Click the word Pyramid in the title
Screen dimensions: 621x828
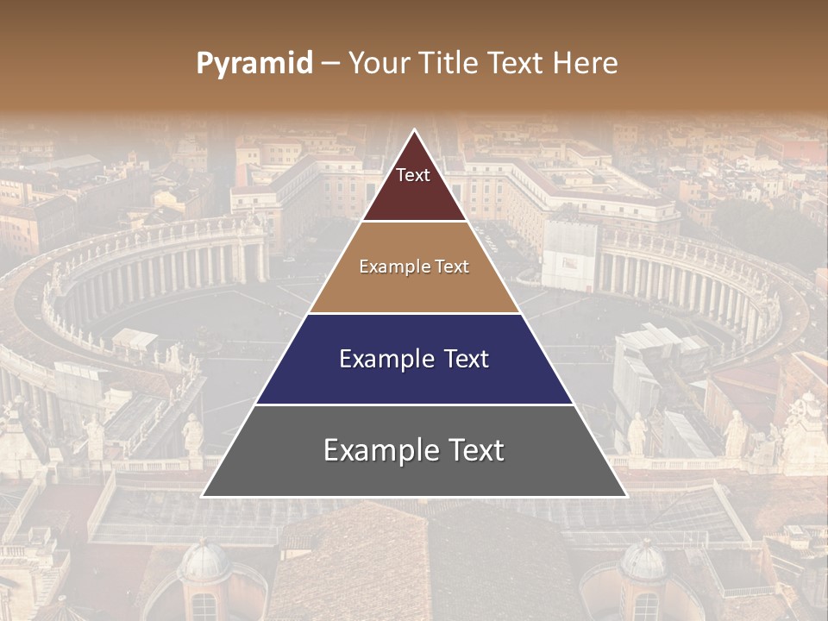pos(254,64)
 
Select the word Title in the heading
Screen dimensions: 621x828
pos(449,63)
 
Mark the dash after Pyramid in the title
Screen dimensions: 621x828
pos(330,64)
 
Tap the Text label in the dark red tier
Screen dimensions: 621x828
pos(413,175)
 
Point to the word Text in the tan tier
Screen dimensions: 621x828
pos(453,267)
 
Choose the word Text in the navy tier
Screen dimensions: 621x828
pos(464,359)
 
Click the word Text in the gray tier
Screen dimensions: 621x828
pos(474,450)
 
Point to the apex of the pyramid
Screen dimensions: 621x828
pos(415,131)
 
